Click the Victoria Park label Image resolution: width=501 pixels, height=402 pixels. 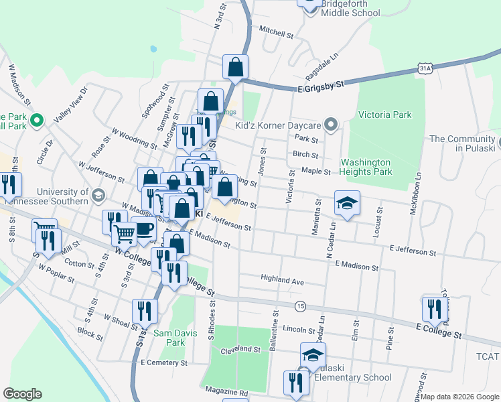[384, 115]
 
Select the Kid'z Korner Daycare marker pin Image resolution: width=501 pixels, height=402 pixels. [330, 125]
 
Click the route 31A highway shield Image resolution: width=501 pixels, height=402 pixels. [424, 68]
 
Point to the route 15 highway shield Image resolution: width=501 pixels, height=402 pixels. [301, 306]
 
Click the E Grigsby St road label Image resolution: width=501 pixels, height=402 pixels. [321, 85]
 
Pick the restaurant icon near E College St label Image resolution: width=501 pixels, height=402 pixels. [435, 308]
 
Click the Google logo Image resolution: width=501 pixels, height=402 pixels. [22, 394]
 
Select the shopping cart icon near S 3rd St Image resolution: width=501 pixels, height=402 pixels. [125, 234]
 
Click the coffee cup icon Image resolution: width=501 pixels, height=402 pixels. [143, 228]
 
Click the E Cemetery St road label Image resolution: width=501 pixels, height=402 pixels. [164, 362]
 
